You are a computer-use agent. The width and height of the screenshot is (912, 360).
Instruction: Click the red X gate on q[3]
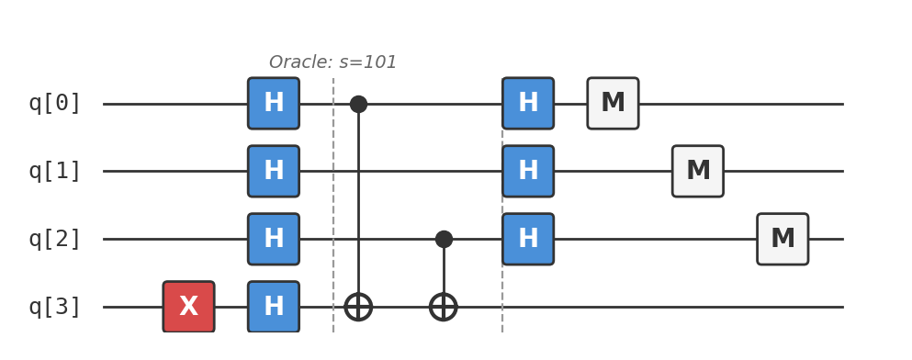(188, 307)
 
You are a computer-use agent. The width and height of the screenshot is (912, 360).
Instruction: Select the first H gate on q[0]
(274, 104)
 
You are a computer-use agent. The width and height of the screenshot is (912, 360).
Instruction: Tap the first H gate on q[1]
(274, 171)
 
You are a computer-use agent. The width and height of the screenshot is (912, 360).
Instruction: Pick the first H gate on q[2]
(274, 239)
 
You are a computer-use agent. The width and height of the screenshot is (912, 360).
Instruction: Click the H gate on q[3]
(274, 307)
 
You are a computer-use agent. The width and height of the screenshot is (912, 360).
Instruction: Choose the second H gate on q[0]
(528, 104)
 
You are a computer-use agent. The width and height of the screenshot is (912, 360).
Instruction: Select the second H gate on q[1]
(528, 171)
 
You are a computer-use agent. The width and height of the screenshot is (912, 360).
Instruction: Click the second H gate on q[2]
(528, 239)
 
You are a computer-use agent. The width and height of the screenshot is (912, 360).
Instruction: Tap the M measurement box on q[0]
(613, 104)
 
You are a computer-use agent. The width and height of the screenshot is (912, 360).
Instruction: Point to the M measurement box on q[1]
(698, 171)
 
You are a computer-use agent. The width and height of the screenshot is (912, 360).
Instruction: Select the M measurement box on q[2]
(783, 239)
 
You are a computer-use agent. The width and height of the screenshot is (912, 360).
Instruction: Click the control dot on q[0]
(358, 104)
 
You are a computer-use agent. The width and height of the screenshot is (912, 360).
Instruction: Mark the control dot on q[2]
(444, 239)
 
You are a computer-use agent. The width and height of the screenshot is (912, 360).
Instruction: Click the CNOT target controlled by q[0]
(358, 307)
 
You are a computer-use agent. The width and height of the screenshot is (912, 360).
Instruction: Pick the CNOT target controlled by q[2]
(444, 307)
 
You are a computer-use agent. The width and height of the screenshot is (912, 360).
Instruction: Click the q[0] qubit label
(55, 104)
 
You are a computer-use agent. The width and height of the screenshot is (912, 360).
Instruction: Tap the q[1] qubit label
(55, 171)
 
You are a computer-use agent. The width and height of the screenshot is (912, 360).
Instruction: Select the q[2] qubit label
(55, 239)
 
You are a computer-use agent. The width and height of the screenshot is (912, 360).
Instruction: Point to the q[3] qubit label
(55, 307)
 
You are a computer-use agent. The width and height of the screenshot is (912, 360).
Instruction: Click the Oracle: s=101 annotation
(332, 62)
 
